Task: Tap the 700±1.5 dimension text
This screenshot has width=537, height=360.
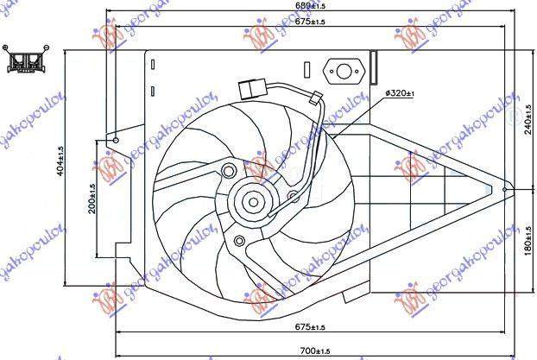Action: click(312, 351)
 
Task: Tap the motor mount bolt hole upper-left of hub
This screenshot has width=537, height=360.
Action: click(228, 170)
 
